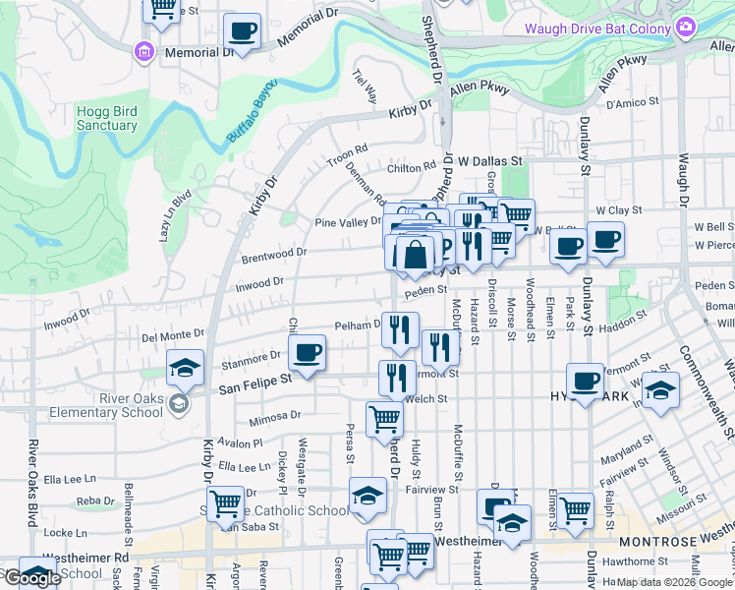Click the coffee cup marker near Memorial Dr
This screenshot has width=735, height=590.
(x=242, y=31)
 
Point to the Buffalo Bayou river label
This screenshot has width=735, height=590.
(x=253, y=111)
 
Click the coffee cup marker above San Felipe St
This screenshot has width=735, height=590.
(x=307, y=353)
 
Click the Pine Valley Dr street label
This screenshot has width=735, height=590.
(x=347, y=222)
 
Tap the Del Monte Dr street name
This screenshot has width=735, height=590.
(x=173, y=334)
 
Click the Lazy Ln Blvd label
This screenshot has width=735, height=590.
(x=165, y=216)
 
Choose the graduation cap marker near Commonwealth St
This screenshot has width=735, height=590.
(x=660, y=392)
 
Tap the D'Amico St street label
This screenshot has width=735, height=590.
(x=632, y=103)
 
